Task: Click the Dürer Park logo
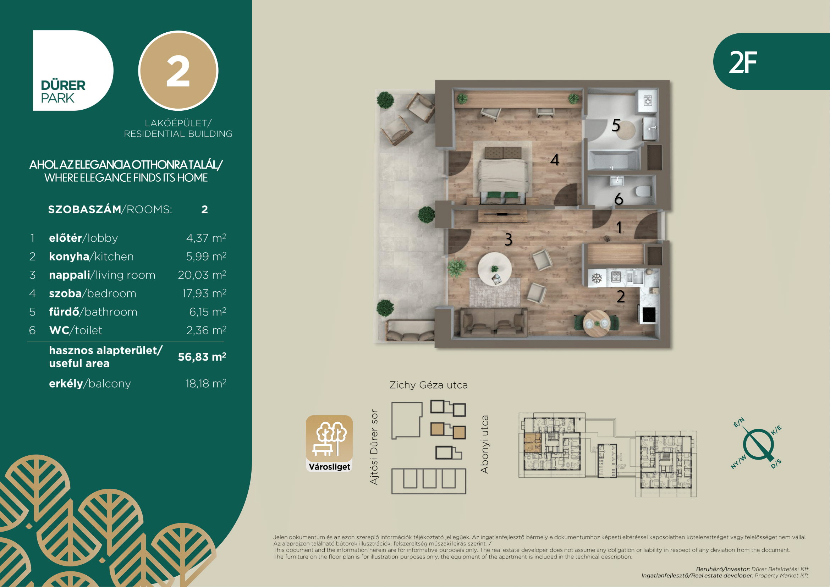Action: click(x=73, y=71)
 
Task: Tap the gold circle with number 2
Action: click(x=178, y=71)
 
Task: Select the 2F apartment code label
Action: click(x=743, y=62)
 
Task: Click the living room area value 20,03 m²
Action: click(x=202, y=275)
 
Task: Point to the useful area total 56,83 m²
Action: click(x=202, y=357)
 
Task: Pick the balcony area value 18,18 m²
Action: click(x=206, y=383)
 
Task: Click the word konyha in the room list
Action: click(x=69, y=256)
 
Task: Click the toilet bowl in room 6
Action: click(x=643, y=191)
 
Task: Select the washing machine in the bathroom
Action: click(x=648, y=101)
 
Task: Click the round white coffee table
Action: click(x=495, y=269)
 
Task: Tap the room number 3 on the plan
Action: click(x=508, y=239)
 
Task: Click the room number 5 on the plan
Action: click(x=616, y=125)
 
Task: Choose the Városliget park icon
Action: click(x=329, y=444)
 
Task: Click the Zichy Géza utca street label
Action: click(x=428, y=385)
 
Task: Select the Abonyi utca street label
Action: click(x=484, y=444)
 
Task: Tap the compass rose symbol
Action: click(x=758, y=445)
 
